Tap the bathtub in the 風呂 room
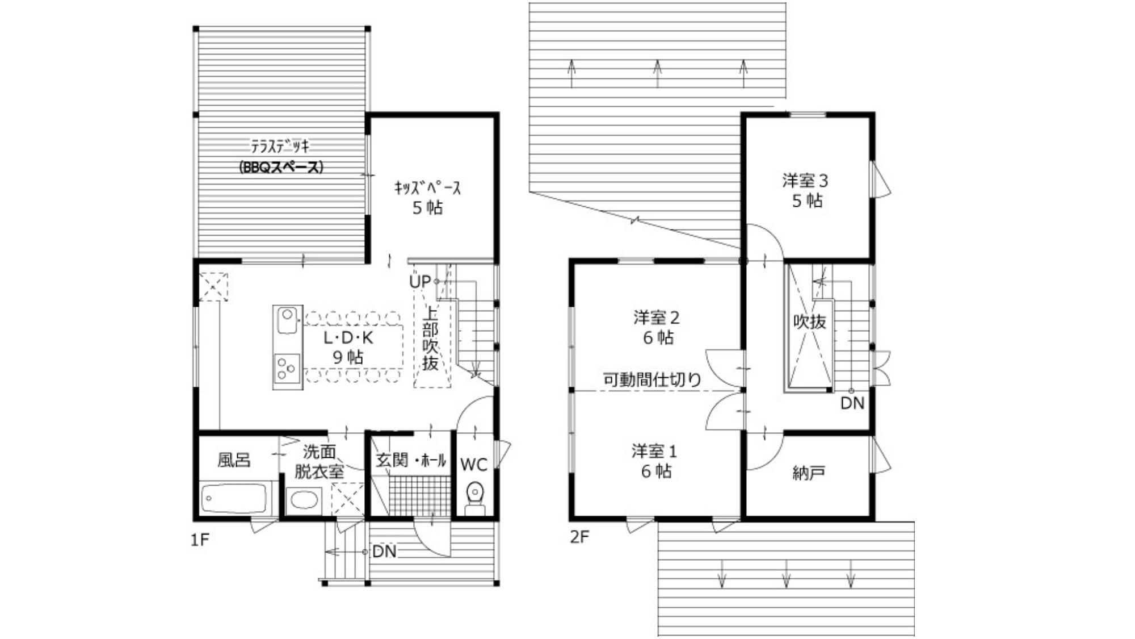(x=234, y=499)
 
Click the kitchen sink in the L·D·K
(x=288, y=322)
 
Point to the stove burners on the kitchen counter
(x=287, y=367)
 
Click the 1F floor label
(x=200, y=539)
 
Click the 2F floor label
(x=579, y=537)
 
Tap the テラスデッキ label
(x=281, y=147)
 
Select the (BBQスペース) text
(x=281, y=167)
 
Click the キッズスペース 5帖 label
(x=427, y=198)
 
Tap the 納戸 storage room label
(x=808, y=473)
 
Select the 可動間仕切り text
(x=652, y=379)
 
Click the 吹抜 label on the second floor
(x=810, y=321)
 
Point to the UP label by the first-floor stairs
(x=420, y=281)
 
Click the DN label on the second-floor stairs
(x=852, y=403)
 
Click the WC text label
(x=474, y=465)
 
